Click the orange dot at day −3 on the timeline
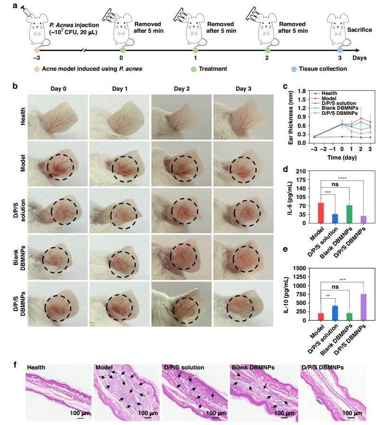[x=37, y=49]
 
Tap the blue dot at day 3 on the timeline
[x=340, y=49]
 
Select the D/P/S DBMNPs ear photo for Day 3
[x=243, y=304]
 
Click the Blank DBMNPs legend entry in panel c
[x=338, y=108]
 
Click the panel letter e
[x=285, y=263]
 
